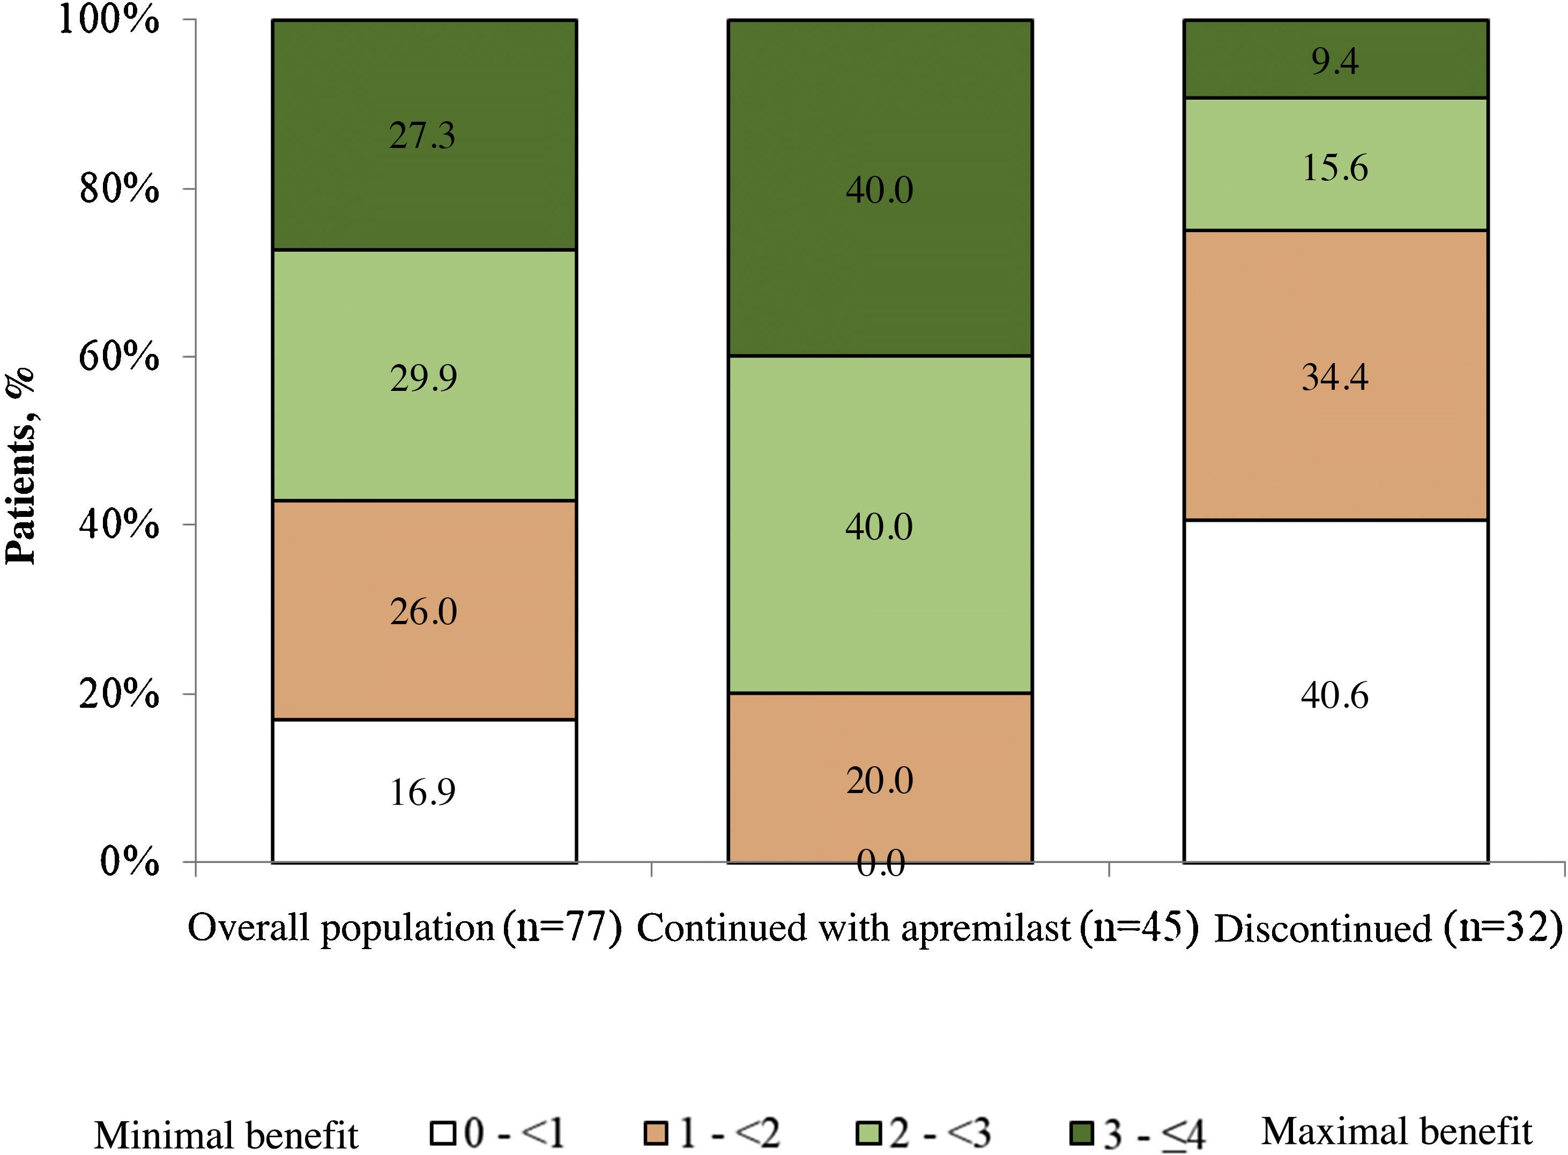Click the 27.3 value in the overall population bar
pyautogui.click(x=422, y=136)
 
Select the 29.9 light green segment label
pyautogui.click(x=423, y=378)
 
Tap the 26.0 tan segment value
pyautogui.click(x=423, y=612)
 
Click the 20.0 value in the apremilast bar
pyautogui.click(x=880, y=780)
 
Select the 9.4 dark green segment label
pyautogui.click(x=1334, y=62)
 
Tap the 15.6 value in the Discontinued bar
pyautogui.click(x=1334, y=168)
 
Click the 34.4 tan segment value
pyautogui.click(x=1334, y=377)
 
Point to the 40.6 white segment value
pyautogui.click(x=1334, y=695)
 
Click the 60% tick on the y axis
pyautogui.click(x=119, y=357)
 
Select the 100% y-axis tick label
pyautogui.click(x=108, y=20)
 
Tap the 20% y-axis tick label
pyautogui.click(x=119, y=694)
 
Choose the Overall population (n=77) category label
pyautogui.click(x=405, y=929)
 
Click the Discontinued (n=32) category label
pyautogui.click(x=1388, y=929)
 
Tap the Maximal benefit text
pyautogui.click(x=1396, y=1130)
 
